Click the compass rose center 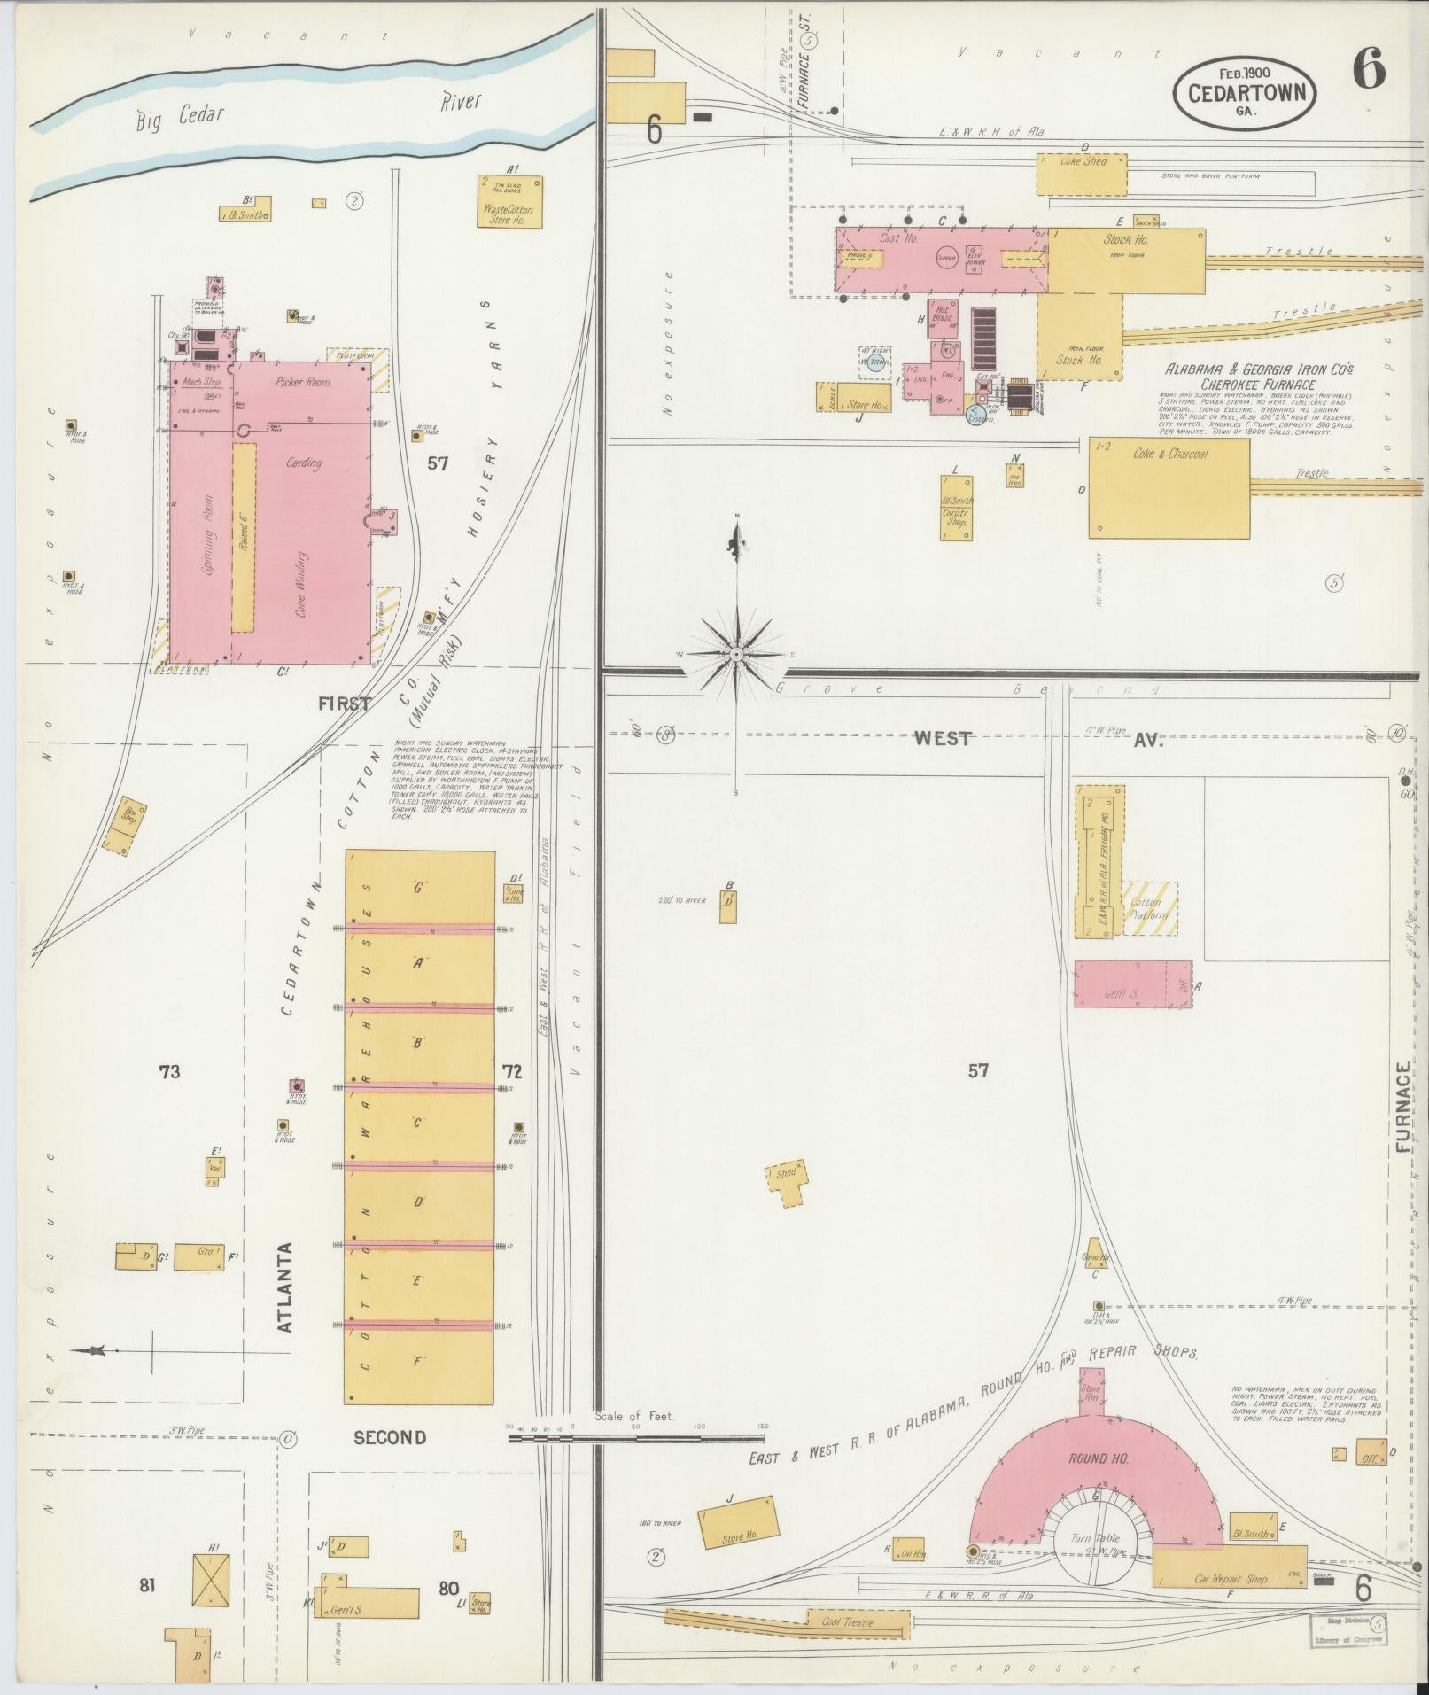click(x=735, y=654)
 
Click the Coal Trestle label click(x=847, y=1621)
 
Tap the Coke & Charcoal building click(x=1169, y=486)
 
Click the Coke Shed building click(x=1083, y=174)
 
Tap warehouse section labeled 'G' click(x=418, y=887)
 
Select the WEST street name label click(x=943, y=738)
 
